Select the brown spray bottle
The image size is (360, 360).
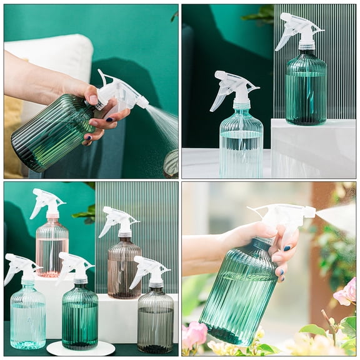(x=124, y=269)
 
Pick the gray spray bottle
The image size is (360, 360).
(x=155, y=319)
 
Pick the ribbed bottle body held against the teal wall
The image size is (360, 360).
(x=50, y=131)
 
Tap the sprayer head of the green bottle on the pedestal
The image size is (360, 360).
(x=299, y=28)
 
